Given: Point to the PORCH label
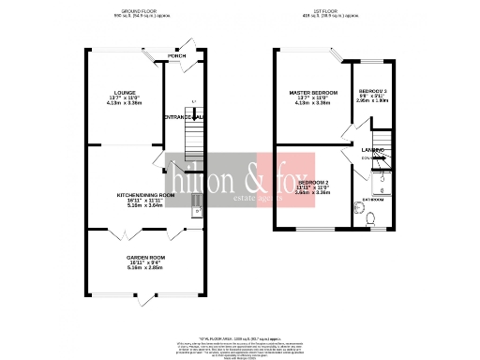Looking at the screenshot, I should (176, 55).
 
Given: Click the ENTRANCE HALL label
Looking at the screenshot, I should (184, 116).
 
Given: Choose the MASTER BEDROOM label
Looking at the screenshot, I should (310, 91).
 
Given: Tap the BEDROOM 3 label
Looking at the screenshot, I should (372, 90).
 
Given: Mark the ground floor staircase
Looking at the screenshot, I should (192, 141).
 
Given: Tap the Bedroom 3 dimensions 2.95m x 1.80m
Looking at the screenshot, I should (372, 101).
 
